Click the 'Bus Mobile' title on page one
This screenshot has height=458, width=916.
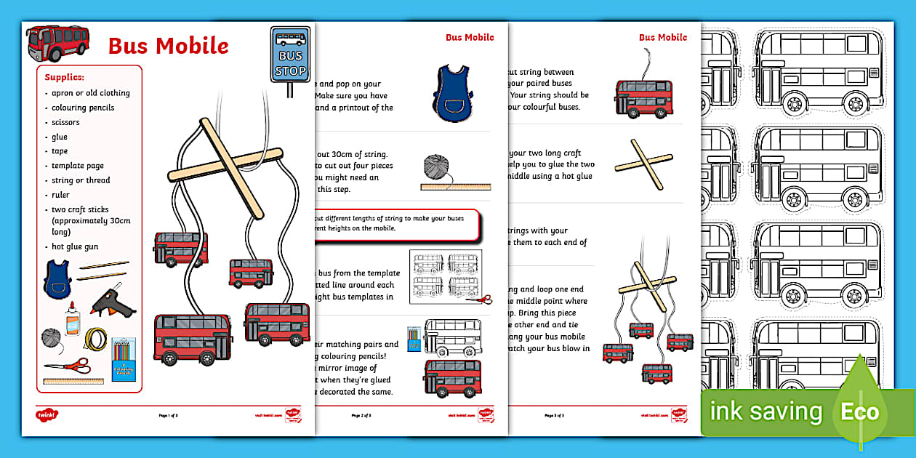coord(168,46)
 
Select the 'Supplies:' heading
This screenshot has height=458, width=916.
coord(65,77)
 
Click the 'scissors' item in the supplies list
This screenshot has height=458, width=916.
coord(65,122)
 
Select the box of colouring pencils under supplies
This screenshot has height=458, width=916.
coord(124,358)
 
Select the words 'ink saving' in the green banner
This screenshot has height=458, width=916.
coord(766,412)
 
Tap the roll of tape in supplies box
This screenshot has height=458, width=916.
coord(95,339)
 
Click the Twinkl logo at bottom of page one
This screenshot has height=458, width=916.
coord(47,415)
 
